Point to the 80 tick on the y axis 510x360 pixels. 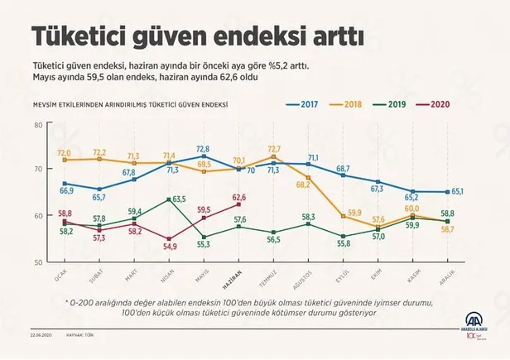[x=37, y=125]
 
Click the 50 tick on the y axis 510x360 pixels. [x=37, y=262]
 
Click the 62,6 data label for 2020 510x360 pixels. [x=240, y=198]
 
